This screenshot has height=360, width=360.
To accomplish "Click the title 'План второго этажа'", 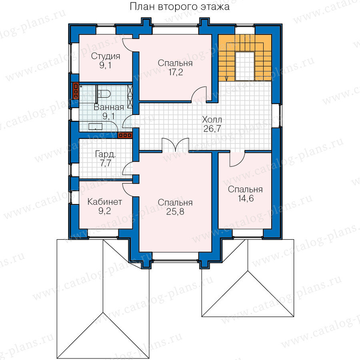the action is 180,7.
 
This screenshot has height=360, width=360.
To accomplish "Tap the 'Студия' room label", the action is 106,56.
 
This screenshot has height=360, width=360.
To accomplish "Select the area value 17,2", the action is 176,72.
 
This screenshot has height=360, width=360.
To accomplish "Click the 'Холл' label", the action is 212,120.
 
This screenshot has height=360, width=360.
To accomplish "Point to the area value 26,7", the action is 212,128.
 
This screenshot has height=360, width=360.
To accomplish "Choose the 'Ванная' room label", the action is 109,107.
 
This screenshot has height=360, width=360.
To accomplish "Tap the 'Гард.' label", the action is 105,154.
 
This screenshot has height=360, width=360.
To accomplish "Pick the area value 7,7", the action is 106,163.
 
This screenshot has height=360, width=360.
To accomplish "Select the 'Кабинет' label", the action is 105,202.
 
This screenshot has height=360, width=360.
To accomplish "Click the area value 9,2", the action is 105,211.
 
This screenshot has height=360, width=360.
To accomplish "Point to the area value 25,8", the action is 175,212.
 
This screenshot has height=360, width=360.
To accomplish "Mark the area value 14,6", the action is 246,198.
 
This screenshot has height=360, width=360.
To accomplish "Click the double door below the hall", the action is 176,145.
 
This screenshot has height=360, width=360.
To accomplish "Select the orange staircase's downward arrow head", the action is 227,79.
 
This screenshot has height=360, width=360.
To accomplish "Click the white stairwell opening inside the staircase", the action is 245,66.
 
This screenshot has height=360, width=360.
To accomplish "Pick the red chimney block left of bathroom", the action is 76,91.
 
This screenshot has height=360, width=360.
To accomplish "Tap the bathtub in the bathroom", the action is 95,126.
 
